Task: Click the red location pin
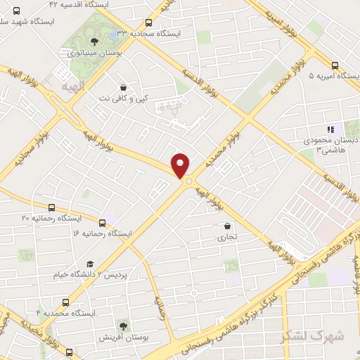click(x=181, y=165)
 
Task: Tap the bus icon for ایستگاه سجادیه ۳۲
click(x=147, y=22)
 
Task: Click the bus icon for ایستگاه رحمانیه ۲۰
click(x=51, y=208)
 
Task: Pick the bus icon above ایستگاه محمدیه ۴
click(x=65, y=297)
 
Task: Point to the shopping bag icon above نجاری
click(x=227, y=226)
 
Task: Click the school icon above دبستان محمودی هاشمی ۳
click(x=330, y=129)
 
